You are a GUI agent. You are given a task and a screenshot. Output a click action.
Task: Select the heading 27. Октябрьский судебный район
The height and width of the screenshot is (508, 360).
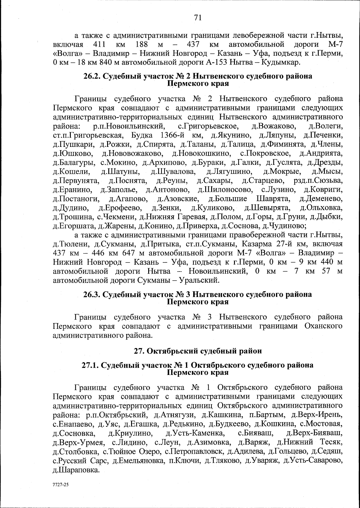[197, 351]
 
